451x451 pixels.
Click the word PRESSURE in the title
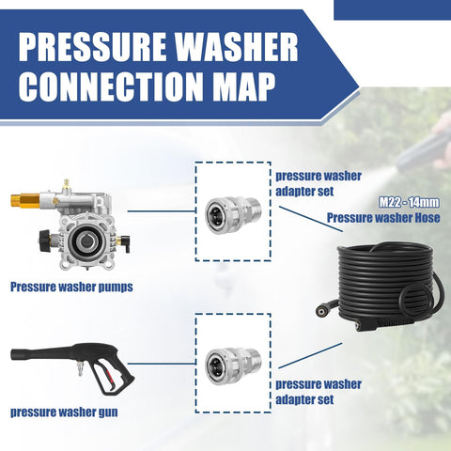92,46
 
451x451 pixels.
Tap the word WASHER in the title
236,46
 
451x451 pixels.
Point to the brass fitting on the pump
24,198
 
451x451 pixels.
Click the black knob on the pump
45,241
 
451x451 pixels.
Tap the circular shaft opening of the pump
85,241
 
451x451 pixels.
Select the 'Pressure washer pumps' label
71,287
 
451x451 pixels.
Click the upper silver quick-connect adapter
233,214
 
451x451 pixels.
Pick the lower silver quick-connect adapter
233,365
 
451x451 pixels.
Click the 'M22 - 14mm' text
409,202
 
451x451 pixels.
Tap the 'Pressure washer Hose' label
383,218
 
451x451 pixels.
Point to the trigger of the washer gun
109,374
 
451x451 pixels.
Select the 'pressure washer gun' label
64,412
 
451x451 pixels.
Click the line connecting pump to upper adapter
162,211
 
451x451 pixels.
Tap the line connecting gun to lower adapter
162,364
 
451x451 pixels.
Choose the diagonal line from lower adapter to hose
310,355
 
